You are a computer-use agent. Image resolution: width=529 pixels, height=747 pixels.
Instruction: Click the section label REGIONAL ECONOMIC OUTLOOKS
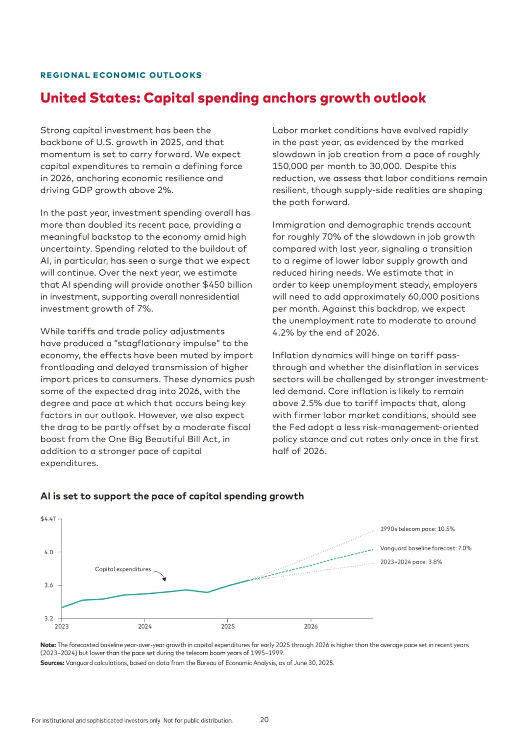(121, 75)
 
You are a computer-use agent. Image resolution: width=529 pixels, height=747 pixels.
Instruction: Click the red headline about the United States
(233, 98)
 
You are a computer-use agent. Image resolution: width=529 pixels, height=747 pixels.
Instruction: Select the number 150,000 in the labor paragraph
(290, 166)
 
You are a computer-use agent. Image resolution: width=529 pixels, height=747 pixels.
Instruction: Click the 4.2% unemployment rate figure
(283, 333)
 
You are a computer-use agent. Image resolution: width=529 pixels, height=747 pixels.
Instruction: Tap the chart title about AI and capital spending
(172, 496)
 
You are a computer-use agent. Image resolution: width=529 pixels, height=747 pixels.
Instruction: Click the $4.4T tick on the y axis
(48, 519)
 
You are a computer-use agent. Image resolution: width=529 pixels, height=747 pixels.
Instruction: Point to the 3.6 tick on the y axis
(49, 585)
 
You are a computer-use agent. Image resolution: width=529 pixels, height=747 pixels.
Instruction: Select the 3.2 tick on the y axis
(49, 618)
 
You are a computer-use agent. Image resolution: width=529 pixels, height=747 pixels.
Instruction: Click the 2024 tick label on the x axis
(144, 627)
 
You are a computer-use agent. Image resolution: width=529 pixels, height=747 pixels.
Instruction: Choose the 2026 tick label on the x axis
(311, 627)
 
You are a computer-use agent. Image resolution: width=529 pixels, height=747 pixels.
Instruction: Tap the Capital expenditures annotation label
(123, 569)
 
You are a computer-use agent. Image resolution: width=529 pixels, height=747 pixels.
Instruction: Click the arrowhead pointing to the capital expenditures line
(165, 579)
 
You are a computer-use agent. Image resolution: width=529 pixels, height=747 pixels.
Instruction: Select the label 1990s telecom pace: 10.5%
(417, 529)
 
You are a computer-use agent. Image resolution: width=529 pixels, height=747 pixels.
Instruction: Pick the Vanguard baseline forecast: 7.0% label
(426, 548)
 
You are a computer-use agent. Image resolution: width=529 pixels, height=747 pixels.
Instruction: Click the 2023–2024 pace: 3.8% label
(411, 562)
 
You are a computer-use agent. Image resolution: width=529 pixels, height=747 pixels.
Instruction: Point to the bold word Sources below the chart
(52, 663)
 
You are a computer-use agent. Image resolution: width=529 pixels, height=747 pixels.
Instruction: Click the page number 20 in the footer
(264, 720)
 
